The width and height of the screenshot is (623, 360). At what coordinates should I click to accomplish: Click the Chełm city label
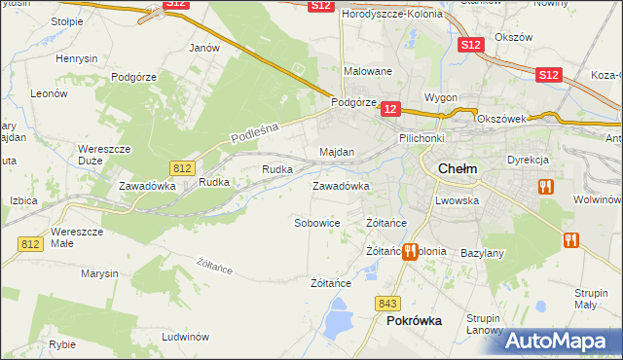click(458, 168)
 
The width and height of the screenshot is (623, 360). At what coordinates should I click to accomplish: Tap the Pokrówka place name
click(414, 320)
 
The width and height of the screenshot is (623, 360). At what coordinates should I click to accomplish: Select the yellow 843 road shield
click(387, 304)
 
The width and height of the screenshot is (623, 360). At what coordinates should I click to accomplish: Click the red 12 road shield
click(390, 111)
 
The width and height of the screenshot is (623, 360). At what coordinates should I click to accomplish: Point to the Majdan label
click(337, 153)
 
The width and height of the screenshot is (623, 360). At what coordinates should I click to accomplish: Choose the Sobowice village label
click(316, 223)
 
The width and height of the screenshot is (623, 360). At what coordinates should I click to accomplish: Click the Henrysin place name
click(77, 59)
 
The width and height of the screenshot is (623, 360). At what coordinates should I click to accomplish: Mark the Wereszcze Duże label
click(101, 155)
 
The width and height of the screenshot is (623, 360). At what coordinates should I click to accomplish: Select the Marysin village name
click(99, 273)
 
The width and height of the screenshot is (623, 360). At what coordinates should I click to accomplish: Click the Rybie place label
click(62, 343)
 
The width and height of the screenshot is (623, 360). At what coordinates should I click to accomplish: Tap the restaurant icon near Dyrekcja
click(545, 186)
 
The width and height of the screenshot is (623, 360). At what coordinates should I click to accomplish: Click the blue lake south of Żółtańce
click(338, 315)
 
